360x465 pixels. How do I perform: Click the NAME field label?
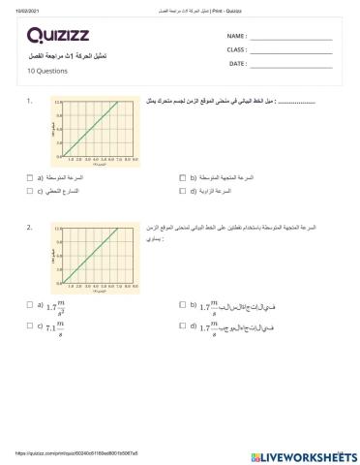(209, 36)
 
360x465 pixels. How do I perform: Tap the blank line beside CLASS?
(290, 49)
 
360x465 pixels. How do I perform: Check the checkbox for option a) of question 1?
(30, 178)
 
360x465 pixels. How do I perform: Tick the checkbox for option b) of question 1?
(183, 178)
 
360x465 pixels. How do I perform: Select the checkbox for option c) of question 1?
(30, 192)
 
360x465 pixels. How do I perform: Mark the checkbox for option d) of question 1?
(183, 192)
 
